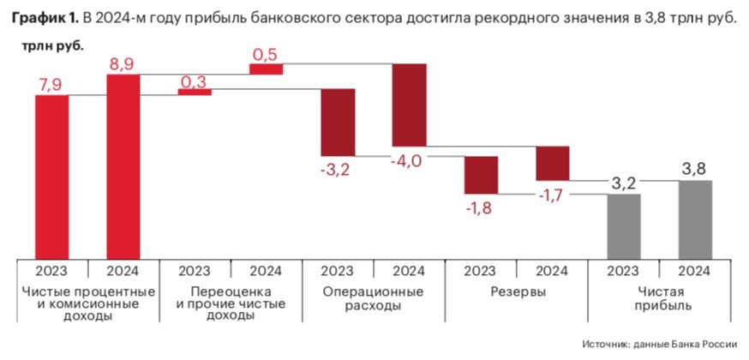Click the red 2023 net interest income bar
(x=51, y=176)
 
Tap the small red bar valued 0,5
(x=266, y=69)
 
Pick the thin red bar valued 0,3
(x=195, y=92)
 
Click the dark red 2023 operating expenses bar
(x=338, y=122)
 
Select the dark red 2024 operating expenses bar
(x=409, y=105)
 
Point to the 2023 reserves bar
(x=481, y=175)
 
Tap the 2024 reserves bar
(x=552, y=163)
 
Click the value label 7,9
(x=51, y=83)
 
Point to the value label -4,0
(x=404, y=160)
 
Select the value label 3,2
(x=623, y=183)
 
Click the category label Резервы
(x=516, y=291)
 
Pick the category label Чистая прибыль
(x=658, y=298)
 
